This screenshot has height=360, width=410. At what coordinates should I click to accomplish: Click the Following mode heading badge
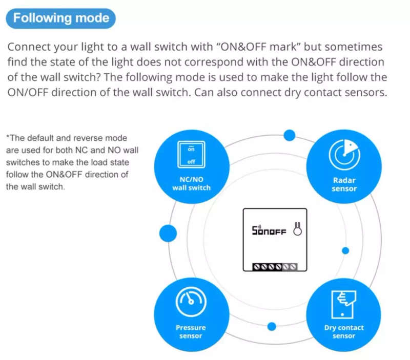60,18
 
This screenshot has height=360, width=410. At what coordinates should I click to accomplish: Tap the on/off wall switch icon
191,155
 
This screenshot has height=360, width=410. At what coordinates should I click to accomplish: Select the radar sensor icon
344,155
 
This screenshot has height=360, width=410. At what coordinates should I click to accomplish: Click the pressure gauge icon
191,302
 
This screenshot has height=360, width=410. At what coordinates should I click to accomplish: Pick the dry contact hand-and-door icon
343,305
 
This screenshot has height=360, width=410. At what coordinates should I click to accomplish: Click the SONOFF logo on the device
269,230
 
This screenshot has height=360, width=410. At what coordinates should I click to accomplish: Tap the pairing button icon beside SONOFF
298,229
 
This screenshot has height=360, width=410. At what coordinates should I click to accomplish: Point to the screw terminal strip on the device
275,267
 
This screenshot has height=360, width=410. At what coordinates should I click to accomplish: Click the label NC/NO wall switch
191,184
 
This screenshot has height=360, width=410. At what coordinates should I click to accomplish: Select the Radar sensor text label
344,184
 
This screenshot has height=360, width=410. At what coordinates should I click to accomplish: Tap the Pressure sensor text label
191,331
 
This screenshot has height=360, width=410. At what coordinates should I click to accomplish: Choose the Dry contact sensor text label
344,331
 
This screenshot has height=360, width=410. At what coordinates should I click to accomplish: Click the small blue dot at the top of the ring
290,135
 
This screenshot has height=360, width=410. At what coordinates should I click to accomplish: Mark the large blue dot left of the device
168,234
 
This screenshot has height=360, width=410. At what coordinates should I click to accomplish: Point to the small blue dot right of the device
345,251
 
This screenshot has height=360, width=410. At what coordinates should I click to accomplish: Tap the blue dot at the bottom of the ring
272,326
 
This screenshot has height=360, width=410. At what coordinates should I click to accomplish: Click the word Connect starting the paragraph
29,47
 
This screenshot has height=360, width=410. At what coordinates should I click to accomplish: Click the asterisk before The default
8,136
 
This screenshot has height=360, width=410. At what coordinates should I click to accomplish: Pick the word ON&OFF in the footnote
64,174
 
